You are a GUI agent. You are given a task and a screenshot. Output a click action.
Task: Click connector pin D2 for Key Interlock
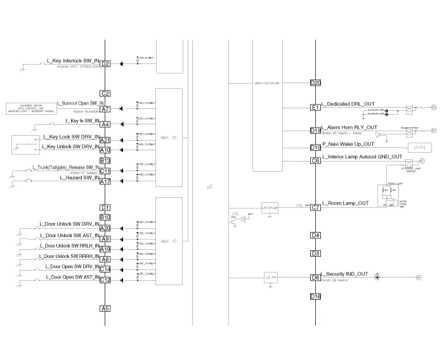pyautogui.click(x=106, y=63)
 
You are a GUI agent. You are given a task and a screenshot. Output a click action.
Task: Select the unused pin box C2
pyautogui.click(x=106, y=94)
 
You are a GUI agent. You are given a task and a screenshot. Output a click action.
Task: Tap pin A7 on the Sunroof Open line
pyautogui.click(x=106, y=109)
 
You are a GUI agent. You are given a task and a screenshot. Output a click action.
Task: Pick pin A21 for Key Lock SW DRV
pyautogui.click(x=106, y=140)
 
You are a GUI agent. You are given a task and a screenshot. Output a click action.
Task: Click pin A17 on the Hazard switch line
pyautogui.click(x=106, y=182)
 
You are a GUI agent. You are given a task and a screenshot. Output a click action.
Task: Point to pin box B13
pyautogui.click(x=106, y=161)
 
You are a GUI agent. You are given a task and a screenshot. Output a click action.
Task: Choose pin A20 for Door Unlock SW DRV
pyautogui.click(x=106, y=228)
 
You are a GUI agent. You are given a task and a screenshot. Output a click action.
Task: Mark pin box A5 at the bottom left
pyautogui.click(x=106, y=309)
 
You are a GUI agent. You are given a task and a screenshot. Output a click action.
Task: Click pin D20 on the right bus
pyautogui.click(x=315, y=83)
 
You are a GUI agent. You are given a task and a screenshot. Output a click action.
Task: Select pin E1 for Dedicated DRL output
pyautogui.click(x=315, y=108)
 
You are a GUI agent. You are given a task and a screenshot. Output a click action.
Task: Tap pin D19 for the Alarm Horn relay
pyautogui.click(x=315, y=131)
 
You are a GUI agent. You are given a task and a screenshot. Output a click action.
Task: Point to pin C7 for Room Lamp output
pyautogui.click(x=315, y=207)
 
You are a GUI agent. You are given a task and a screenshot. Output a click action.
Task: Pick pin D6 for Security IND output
pyautogui.click(x=315, y=278)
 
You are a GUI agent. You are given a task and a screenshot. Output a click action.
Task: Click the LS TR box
pyautogui.click(x=270, y=277)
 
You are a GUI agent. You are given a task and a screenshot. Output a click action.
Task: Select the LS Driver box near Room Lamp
pyautogui.click(x=270, y=207)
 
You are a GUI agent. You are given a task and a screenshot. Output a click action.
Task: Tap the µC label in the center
pyautogui.click(x=211, y=188)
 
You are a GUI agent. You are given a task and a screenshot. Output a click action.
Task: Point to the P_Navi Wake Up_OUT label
pyautogui.click(x=349, y=144)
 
